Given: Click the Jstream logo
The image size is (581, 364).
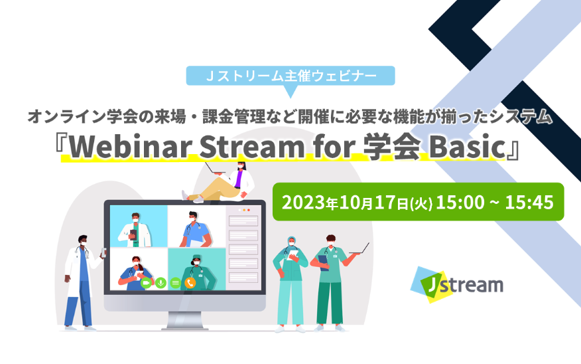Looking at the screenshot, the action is (456, 285).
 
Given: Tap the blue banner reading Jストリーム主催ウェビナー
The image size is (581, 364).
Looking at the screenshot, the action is (290, 76).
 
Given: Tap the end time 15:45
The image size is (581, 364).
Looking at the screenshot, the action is (529, 203).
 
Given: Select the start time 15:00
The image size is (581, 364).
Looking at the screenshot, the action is (460, 203).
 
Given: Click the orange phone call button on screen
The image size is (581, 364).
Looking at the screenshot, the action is (190, 283).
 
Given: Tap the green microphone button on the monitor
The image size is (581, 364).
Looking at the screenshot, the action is (161, 283).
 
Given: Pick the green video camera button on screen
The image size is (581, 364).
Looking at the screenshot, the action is (146, 283).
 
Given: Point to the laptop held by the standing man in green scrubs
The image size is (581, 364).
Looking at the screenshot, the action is (359, 249).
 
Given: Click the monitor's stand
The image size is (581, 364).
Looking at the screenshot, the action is (185, 320).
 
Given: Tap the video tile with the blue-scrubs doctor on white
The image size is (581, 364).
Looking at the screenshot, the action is (197, 227).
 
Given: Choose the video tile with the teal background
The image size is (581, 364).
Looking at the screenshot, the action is (197, 270).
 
